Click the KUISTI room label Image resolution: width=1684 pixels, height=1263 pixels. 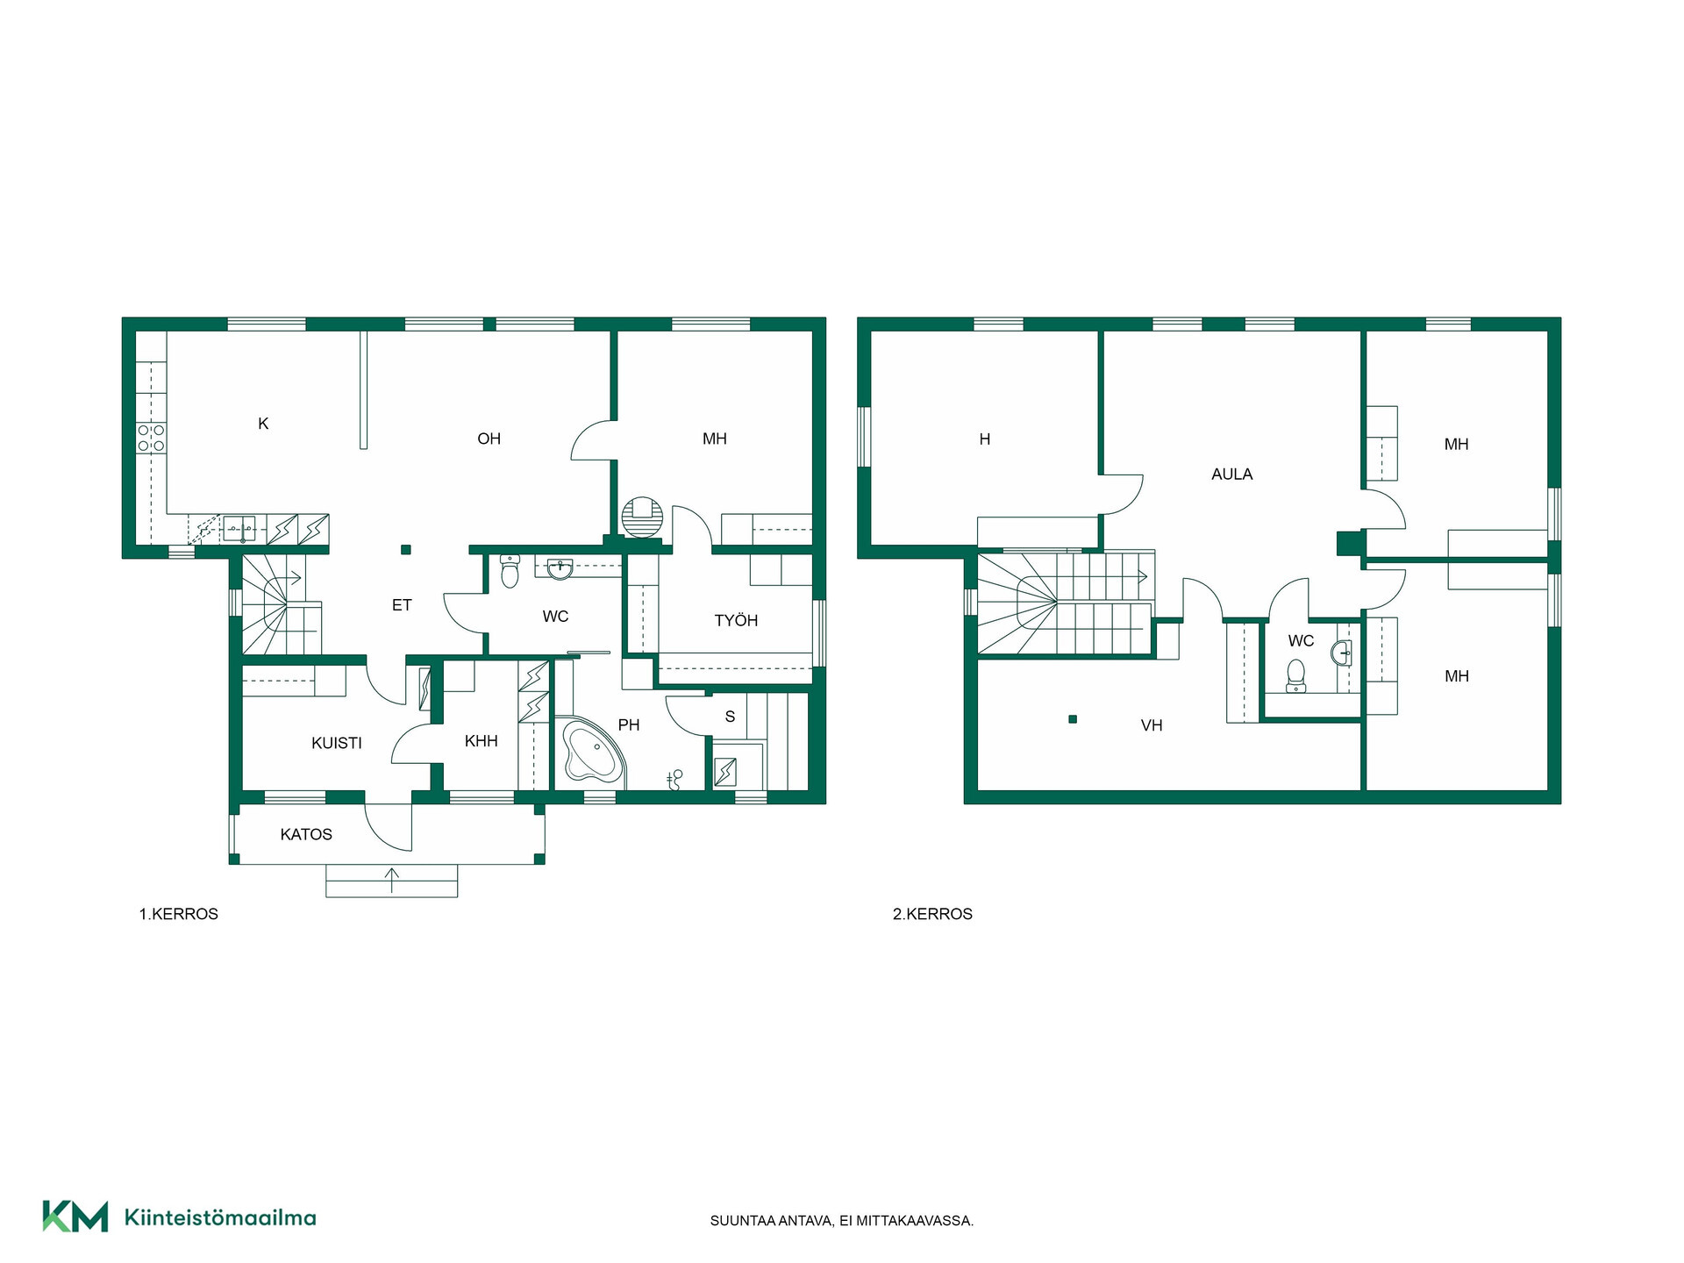tap(336, 743)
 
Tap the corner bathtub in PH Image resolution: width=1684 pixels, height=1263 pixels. tap(591, 750)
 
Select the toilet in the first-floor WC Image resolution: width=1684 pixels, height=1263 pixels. tap(510, 571)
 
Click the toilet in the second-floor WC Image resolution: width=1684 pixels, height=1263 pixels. tap(1296, 675)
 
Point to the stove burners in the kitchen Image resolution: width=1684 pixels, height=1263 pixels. tap(152, 438)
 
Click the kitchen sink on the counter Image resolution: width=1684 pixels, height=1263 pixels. tap(239, 529)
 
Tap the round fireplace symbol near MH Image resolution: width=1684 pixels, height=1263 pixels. tap(642, 517)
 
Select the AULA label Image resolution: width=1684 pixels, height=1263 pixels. tap(1231, 475)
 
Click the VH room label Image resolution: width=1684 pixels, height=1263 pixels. tap(1152, 725)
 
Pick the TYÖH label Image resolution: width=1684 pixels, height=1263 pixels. tap(736, 621)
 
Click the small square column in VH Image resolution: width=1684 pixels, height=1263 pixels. tap(1072, 719)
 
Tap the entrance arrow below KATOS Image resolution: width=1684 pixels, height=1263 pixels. tap(391, 880)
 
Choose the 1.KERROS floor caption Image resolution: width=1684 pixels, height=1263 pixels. tap(179, 914)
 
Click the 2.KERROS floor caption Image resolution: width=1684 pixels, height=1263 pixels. tap(932, 914)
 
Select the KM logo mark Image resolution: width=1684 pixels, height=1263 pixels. tap(75, 1217)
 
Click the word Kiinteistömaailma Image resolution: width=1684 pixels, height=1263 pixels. tap(220, 1217)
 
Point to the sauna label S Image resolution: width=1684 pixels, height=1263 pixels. tap(730, 717)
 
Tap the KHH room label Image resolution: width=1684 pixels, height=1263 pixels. tap(482, 741)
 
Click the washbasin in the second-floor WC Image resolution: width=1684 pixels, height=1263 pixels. tap(1341, 653)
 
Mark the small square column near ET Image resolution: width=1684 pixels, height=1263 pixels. tap(405, 550)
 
